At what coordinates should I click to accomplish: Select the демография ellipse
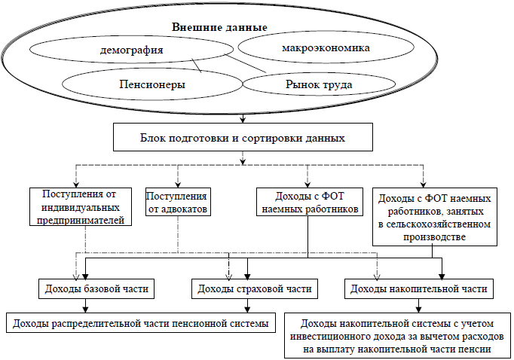click(131, 53)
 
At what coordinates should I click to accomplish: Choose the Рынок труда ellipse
click(317, 85)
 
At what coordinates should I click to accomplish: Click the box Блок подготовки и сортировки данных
click(242, 139)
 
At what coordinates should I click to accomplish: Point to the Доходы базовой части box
click(96, 288)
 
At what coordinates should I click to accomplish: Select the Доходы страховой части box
click(252, 288)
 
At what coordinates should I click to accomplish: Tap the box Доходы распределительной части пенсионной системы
click(139, 324)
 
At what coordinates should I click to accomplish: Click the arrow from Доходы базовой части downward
click(85, 306)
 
